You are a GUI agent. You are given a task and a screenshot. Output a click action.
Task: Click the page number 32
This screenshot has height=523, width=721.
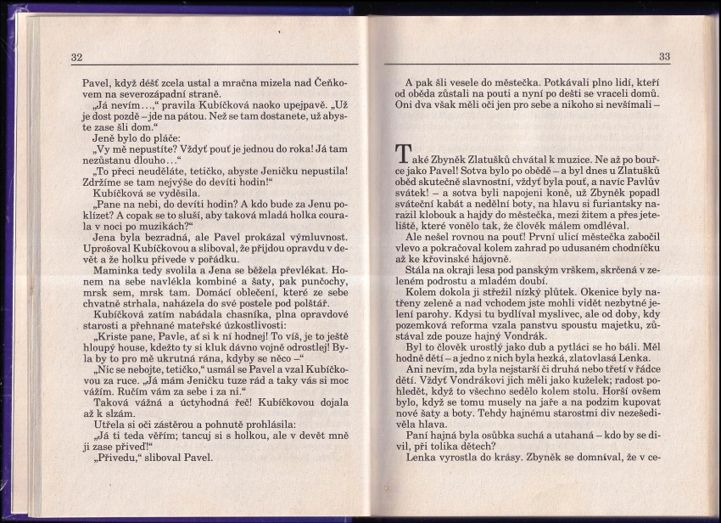(x=76, y=57)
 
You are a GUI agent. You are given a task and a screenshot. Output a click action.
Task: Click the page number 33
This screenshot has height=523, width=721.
(x=664, y=57)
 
